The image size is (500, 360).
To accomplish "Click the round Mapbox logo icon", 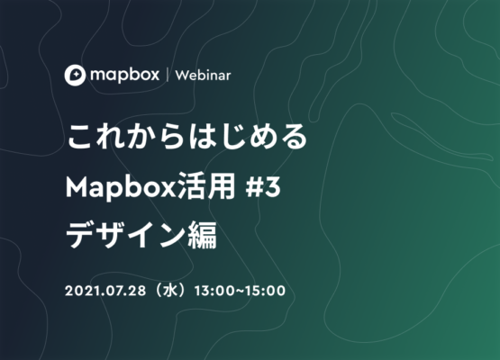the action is click(75, 76).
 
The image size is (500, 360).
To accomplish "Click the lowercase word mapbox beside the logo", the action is click(124, 76).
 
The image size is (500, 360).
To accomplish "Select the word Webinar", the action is click(203, 76).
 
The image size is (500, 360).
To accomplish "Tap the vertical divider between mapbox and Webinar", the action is click(168, 76).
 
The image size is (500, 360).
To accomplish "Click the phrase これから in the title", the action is click(125, 137).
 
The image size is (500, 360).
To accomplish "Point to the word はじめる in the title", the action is click(248, 137).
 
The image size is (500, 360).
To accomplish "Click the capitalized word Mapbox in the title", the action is click(121, 187).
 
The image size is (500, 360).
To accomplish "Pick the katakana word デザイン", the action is click(125, 235).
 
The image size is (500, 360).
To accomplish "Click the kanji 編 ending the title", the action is click(203, 235).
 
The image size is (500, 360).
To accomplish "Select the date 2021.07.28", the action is click(105, 291).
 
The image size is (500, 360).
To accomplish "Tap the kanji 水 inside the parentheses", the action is click(170, 291).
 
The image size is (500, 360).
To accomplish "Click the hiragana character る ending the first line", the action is click(294, 137).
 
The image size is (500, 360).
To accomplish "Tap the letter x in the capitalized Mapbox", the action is click(168, 190).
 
